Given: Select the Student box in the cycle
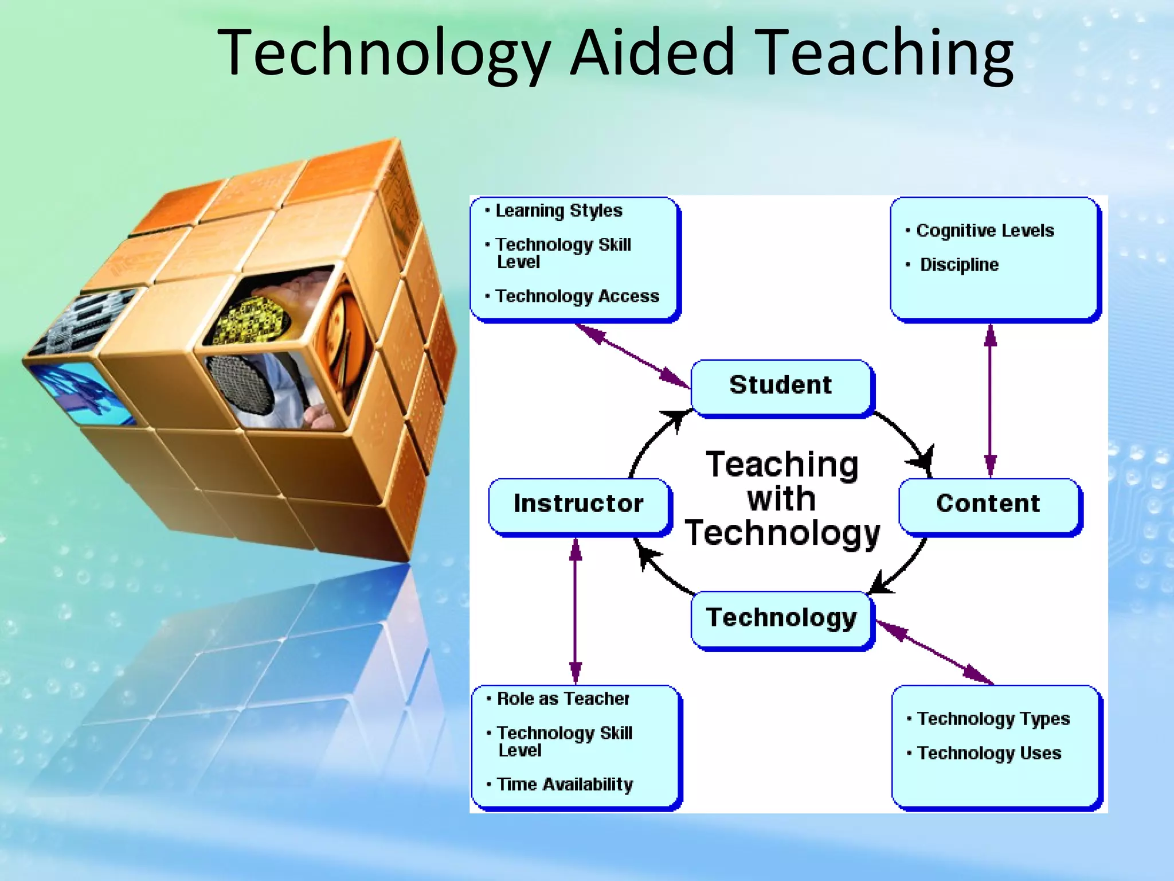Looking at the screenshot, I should [x=781, y=385].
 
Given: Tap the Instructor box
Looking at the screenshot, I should [x=578, y=504].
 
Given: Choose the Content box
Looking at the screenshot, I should [x=988, y=504].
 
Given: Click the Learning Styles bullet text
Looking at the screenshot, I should [x=559, y=211].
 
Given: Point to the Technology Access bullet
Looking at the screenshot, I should [x=577, y=297].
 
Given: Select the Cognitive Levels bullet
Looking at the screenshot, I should [x=985, y=231].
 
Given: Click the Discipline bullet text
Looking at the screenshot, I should [x=959, y=265].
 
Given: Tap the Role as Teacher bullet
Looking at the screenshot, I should [x=563, y=699].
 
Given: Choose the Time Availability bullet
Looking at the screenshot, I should [x=565, y=785].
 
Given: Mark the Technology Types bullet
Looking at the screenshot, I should [x=993, y=719].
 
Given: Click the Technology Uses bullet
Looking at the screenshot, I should [x=989, y=754].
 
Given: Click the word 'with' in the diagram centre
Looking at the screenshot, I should [x=781, y=499].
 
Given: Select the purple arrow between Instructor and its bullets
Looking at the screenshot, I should [x=576, y=611].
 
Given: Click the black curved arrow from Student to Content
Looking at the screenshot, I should [x=906, y=436].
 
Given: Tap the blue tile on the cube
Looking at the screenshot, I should [x=80, y=393].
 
